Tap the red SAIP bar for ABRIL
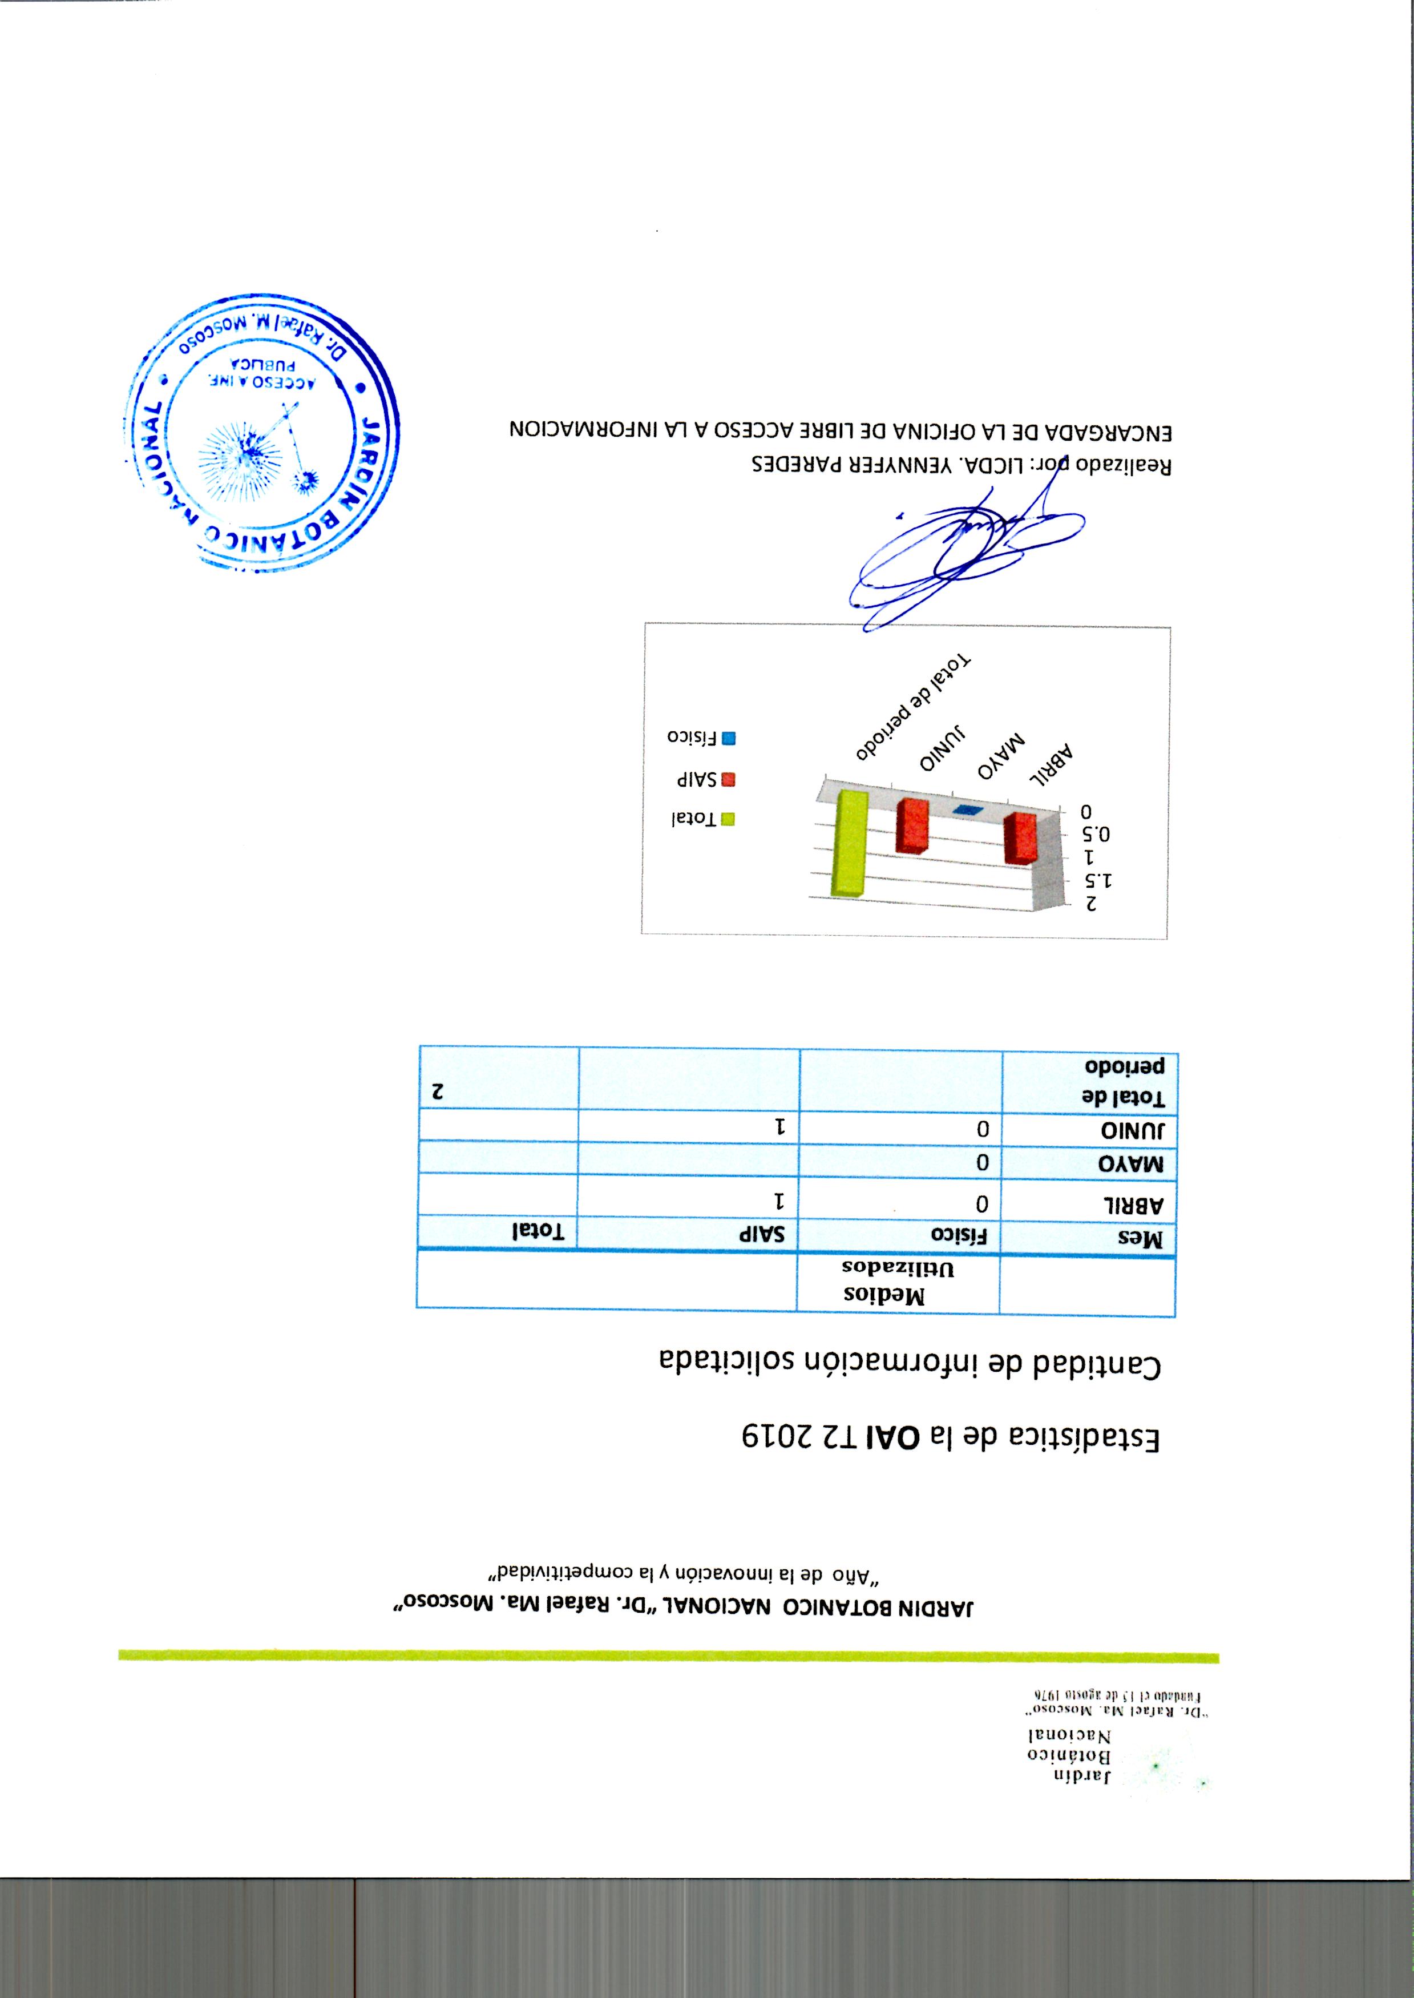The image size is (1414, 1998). tap(1020, 838)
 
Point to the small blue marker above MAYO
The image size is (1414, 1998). tap(967, 811)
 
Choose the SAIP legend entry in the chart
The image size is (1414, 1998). tap(706, 780)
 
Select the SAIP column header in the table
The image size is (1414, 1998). tap(766, 1234)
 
